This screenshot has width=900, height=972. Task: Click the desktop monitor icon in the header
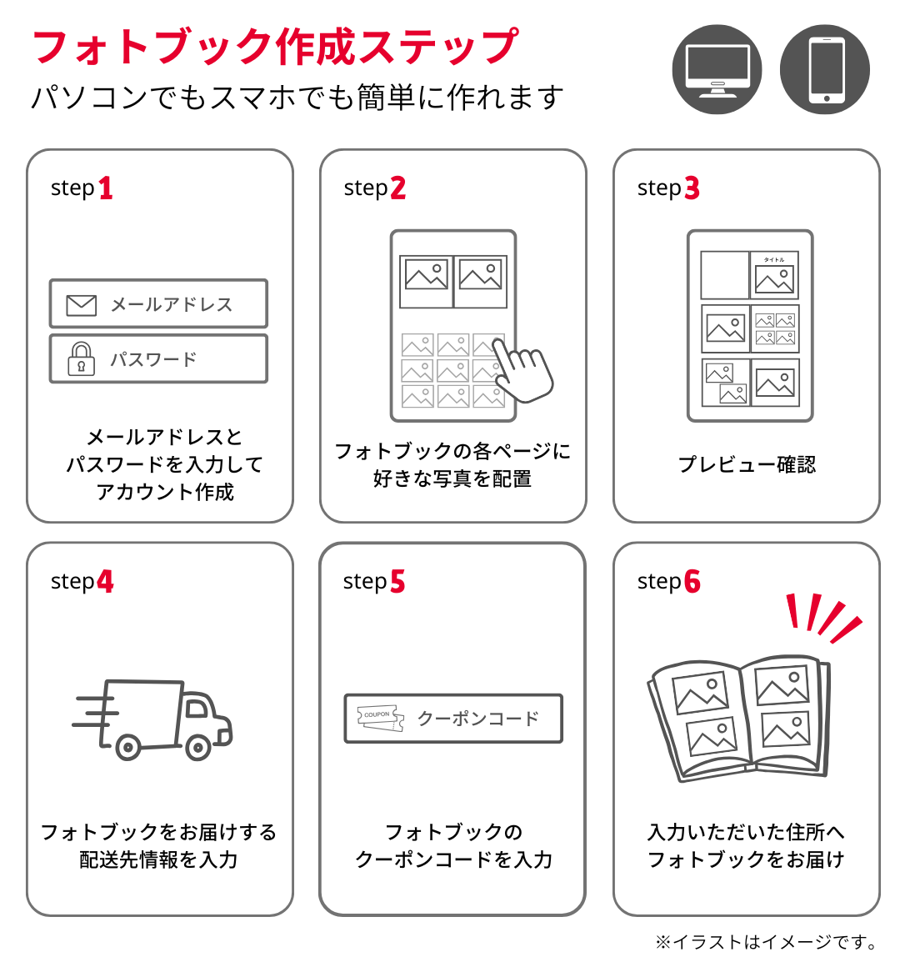click(717, 70)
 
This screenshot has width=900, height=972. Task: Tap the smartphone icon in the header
click(825, 70)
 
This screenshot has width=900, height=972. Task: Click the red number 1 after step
click(105, 188)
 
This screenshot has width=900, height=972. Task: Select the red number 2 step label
click(398, 188)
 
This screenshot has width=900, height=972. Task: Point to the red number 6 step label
click(692, 582)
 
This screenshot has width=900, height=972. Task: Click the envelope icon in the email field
click(81, 305)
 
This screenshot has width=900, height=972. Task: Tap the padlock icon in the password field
click(81, 359)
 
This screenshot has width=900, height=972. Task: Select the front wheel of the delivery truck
click(198, 747)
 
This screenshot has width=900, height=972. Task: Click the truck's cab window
click(197, 709)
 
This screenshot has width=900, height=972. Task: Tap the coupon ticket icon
click(380, 718)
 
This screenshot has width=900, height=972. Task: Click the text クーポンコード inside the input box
click(478, 719)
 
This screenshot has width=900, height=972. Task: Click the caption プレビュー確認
click(747, 464)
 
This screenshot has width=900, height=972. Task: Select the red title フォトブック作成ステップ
click(275, 47)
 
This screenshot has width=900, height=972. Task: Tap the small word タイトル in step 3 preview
click(774, 259)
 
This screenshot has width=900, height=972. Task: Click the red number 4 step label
click(105, 582)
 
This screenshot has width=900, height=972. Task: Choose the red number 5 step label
click(397, 582)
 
